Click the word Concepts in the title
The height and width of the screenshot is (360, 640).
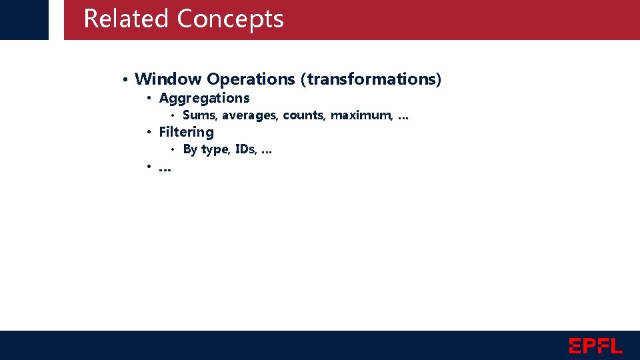[230, 20]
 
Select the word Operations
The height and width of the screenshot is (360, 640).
[251, 79]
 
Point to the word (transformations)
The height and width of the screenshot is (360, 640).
[371, 79]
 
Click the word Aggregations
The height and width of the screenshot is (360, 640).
[204, 99]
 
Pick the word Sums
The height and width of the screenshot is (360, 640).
[198, 115]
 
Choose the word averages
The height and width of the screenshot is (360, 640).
[251, 115]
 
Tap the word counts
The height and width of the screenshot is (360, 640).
[304, 115]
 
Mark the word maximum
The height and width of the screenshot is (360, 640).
[361, 115]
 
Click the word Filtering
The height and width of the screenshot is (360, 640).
[186, 133]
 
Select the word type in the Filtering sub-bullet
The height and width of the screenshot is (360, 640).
[215, 150]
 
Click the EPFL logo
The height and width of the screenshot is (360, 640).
[595, 345]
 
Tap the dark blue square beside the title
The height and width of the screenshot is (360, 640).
[24, 19]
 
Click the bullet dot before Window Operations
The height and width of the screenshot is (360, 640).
[125, 80]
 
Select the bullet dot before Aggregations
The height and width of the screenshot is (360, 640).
[150, 99]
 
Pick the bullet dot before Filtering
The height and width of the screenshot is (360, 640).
[150, 132]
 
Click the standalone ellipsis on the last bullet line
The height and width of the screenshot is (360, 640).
[165, 169]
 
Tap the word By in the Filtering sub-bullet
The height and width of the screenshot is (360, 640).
[190, 149]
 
